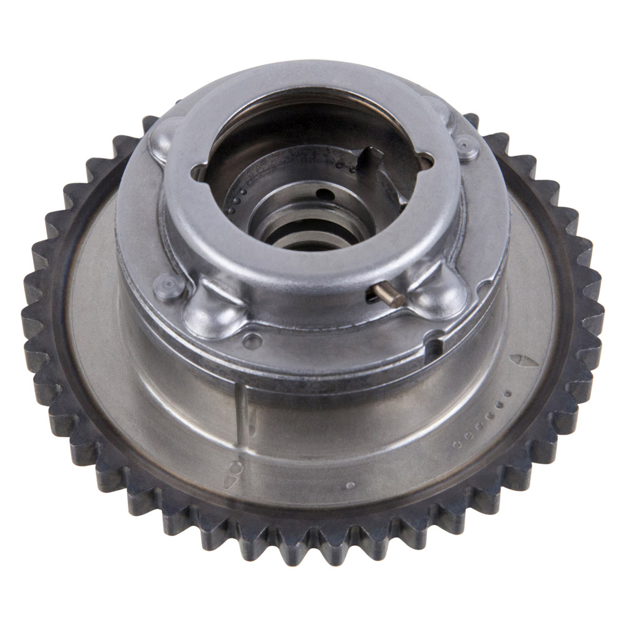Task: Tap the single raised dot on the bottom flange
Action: coord(351,485)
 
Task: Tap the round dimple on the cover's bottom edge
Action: coord(252,340)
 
